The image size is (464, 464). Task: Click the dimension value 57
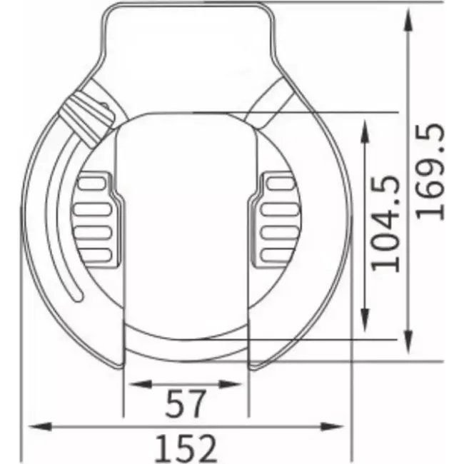[187, 405]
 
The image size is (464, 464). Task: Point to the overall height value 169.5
[431, 172]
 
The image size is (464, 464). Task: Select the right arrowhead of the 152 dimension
[341, 427]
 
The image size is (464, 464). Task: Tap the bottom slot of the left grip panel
[94, 254]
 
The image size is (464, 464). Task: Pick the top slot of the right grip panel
[278, 184]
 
